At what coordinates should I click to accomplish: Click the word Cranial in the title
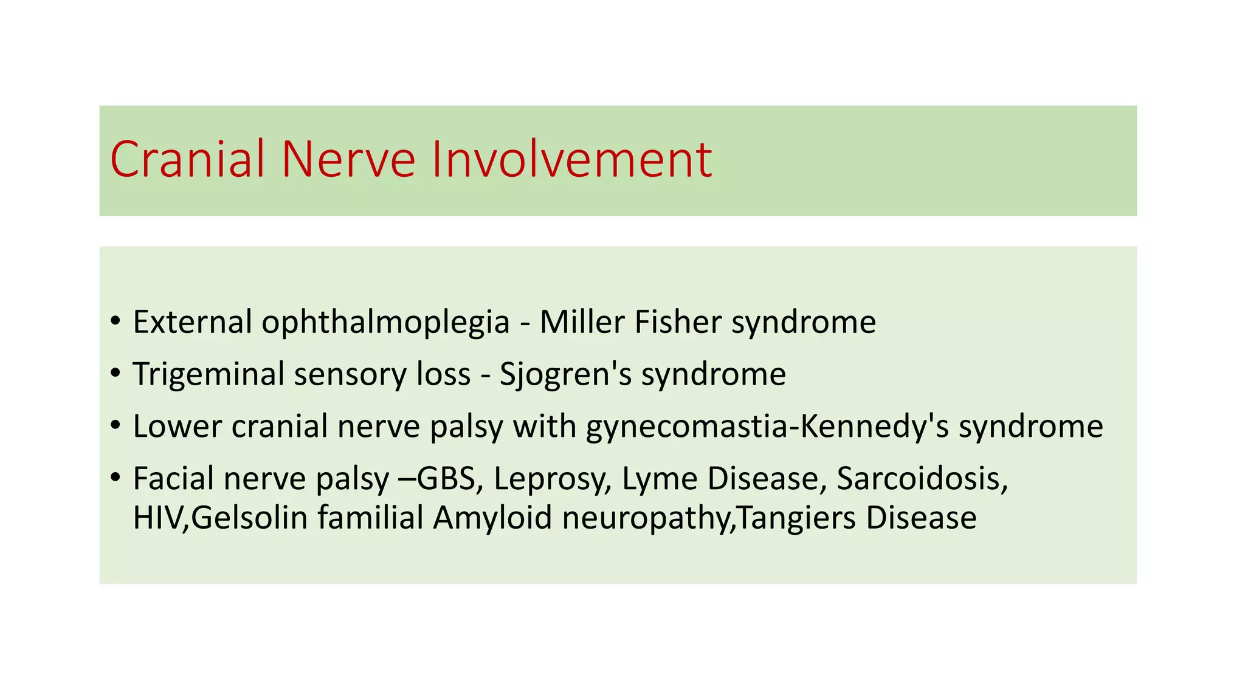coord(187,159)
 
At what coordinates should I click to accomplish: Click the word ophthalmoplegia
coord(385,322)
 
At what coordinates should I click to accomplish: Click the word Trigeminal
coord(209,374)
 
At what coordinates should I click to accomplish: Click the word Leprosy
coord(552,479)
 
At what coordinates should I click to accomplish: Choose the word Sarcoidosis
coord(922,479)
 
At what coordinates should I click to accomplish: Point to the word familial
coord(370,518)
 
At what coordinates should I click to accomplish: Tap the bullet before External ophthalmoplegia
coord(116,322)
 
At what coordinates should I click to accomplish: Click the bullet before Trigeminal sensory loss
coord(116,374)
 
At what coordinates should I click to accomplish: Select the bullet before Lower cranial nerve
coord(116,427)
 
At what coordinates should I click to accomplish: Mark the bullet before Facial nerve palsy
coord(116,479)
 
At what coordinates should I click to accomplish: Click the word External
coord(192,322)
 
